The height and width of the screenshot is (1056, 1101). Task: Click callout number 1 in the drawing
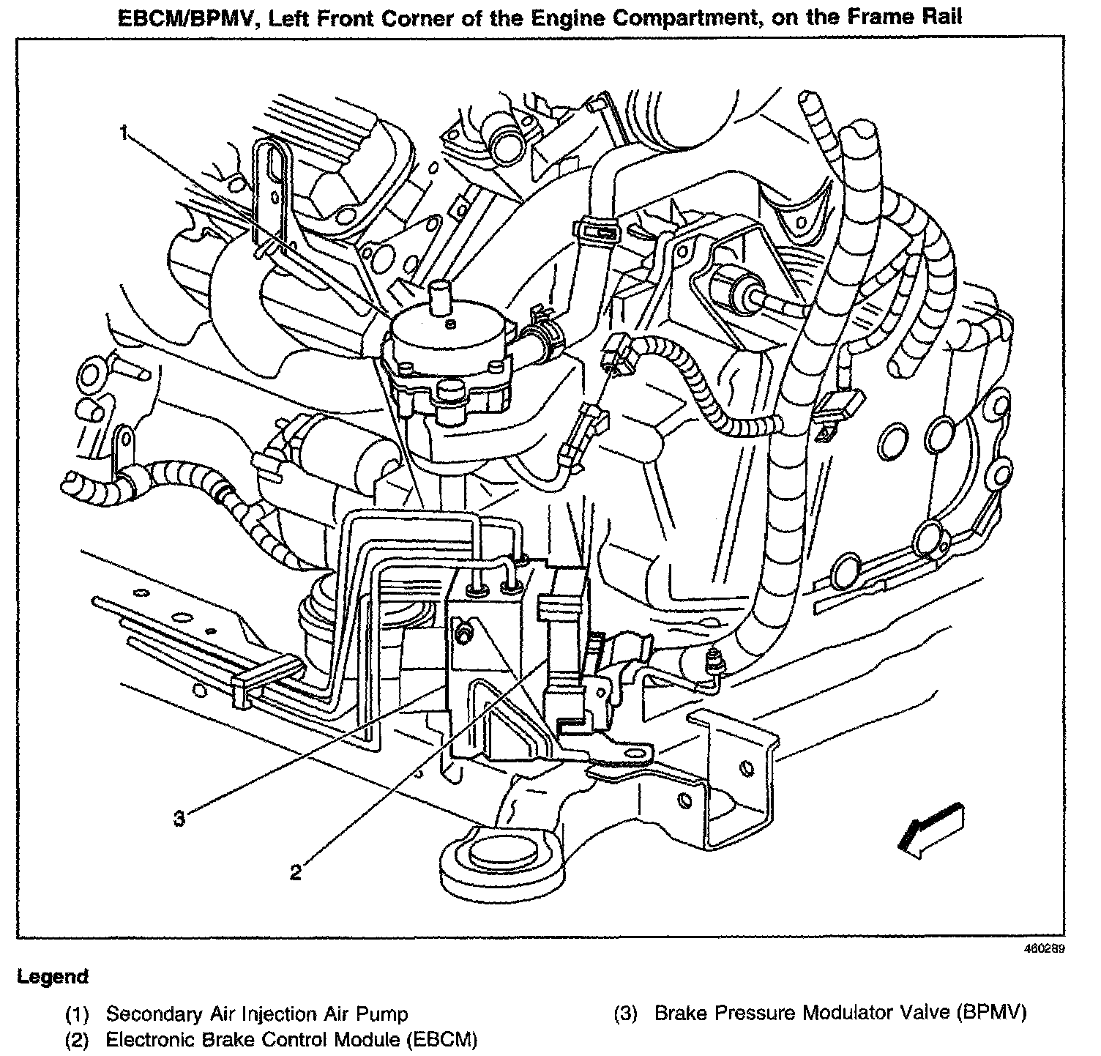point(124,133)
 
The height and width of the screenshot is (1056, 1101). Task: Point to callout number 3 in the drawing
point(179,817)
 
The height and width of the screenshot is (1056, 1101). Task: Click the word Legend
point(53,976)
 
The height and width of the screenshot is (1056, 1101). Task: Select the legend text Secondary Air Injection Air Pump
point(257,1014)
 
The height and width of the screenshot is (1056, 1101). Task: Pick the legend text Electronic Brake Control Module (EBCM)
point(291,1039)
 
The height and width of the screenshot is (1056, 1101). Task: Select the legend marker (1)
point(77,1015)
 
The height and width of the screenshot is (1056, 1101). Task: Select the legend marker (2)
point(77,1040)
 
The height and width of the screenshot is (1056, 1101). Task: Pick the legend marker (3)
point(626,1014)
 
